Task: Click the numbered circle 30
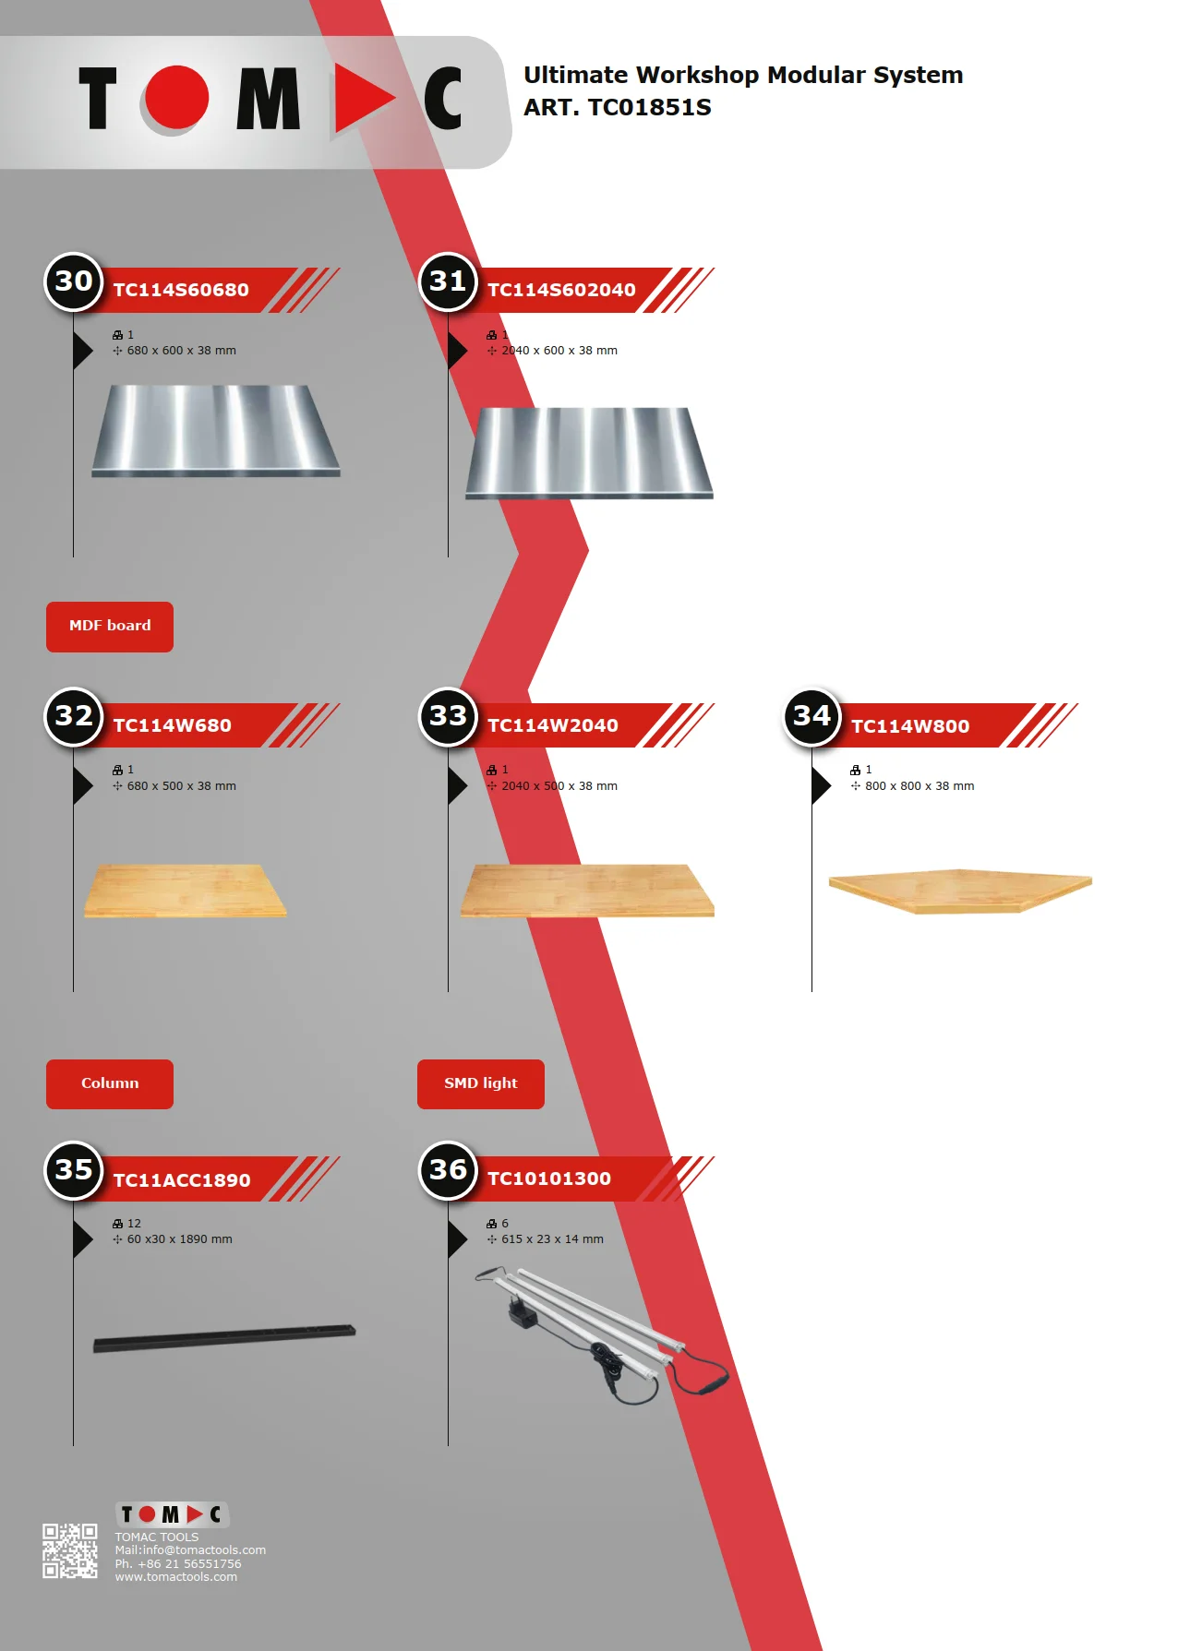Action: [74, 281]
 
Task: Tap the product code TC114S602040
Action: [561, 290]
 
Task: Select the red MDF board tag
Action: [110, 627]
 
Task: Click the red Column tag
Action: [110, 1084]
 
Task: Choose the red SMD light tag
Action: [480, 1084]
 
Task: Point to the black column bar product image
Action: [224, 1337]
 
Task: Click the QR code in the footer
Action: [70, 1550]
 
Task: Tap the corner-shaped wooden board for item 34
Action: [960, 889]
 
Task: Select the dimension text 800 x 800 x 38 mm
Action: [920, 786]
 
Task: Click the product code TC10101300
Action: [549, 1178]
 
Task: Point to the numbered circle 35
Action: [74, 1170]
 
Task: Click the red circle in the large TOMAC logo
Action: [176, 98]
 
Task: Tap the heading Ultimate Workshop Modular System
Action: [743, 75]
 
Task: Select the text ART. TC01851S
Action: [618, 108]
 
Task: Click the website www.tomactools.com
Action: [175, 1577]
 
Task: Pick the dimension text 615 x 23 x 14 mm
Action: [552, 1239]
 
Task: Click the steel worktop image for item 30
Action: [216, 430]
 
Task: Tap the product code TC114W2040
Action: [553, 725]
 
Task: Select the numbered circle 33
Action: [449, 716]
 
